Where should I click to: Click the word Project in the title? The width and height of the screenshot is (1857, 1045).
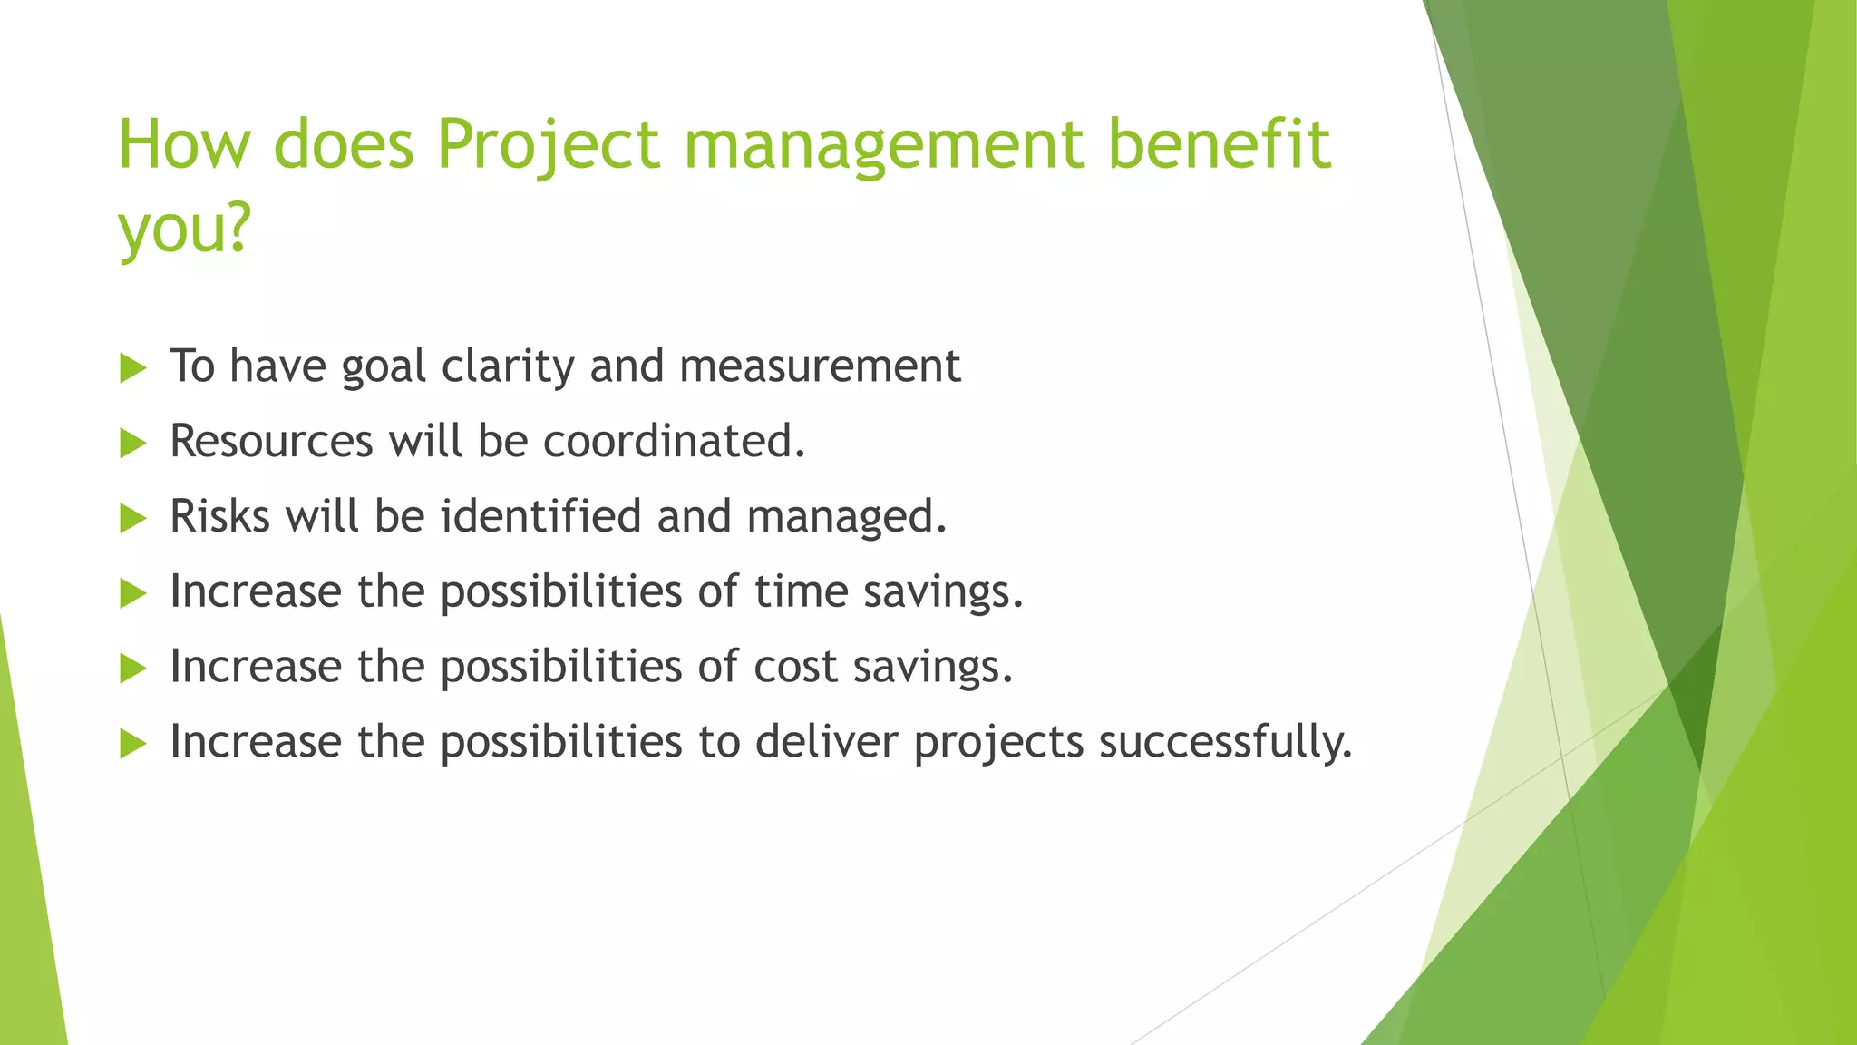coord(548,145)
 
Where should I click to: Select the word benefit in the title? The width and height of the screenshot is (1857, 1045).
coord(1220,145)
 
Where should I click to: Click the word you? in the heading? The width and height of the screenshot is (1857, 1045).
coord(184,228)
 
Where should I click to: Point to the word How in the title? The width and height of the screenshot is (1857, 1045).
coord(185,145)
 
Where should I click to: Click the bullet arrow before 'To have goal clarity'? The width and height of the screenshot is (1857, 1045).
coord(132,368)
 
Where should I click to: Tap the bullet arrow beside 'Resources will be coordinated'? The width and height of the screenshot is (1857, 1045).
coord(132,444)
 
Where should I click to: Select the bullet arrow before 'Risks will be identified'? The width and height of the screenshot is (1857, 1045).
coord(132,519)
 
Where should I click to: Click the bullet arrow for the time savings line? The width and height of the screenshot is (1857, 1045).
coord(132,594)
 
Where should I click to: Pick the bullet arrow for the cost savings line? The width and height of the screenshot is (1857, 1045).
coord(132,669)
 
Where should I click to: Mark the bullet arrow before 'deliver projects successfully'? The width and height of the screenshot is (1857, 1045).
coord(132,745)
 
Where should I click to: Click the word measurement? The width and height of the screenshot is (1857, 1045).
coord(820,366)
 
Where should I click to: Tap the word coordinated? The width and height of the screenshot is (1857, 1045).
coord(674,442)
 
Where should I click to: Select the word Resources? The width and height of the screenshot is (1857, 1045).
coord(271,442)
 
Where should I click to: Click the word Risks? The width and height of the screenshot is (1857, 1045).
coord(220,517)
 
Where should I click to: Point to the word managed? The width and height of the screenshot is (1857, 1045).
coord(847,517)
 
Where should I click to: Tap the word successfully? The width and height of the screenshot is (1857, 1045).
coord(1225,743)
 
